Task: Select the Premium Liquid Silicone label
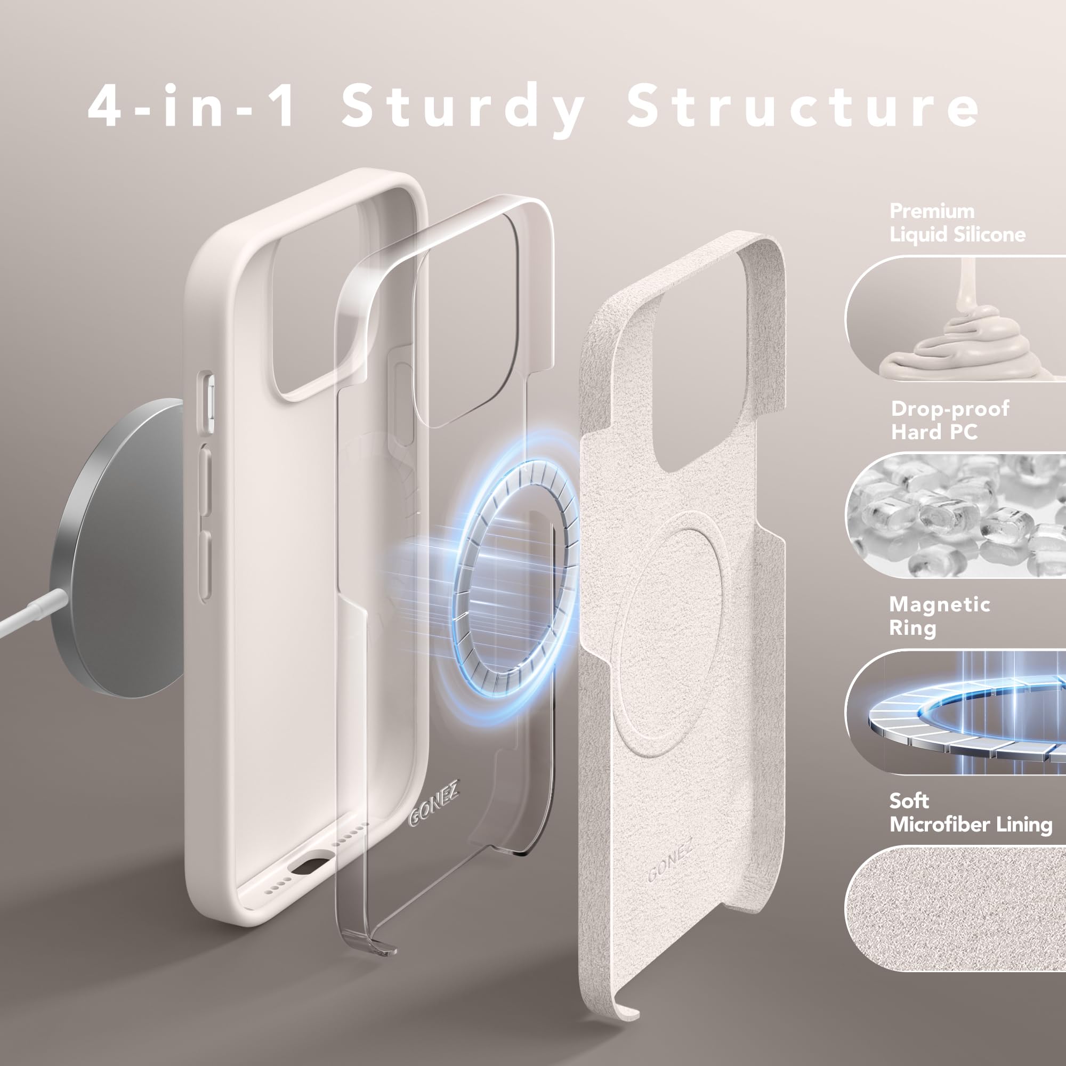coord(957,223)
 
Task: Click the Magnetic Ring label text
coord(939,616)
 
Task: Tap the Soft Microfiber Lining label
coord(970,813)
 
